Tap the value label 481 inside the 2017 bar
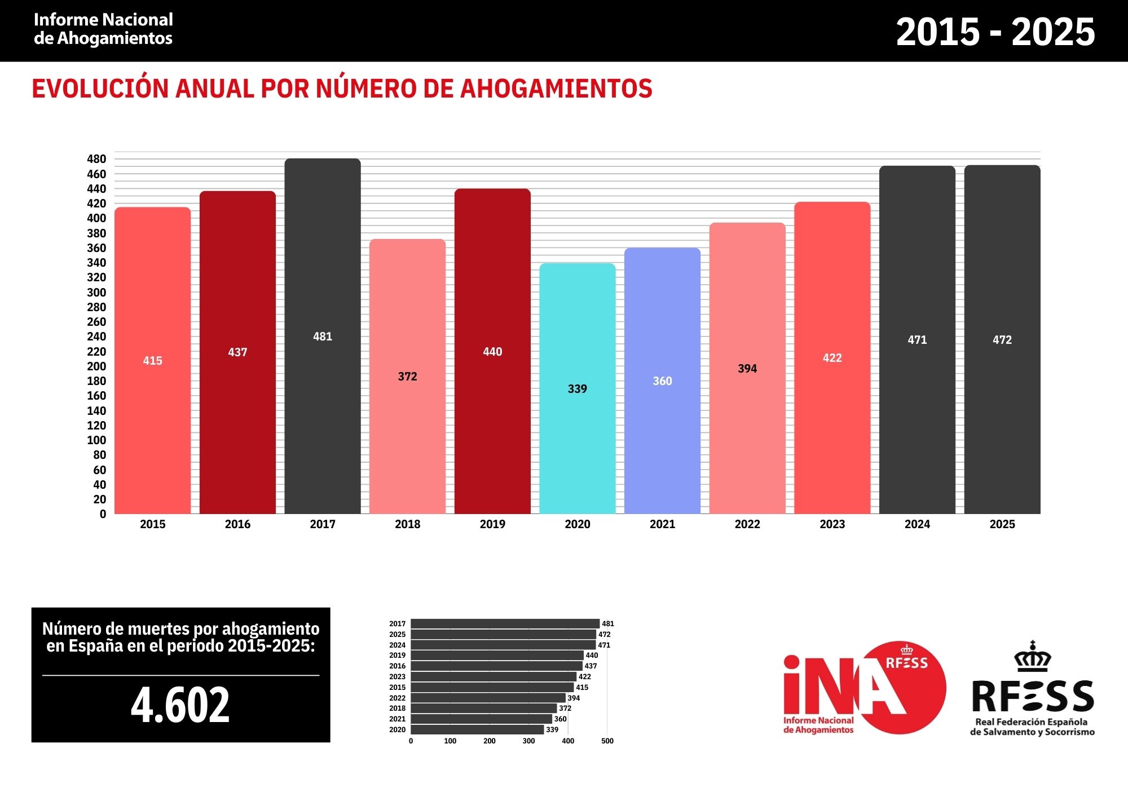tap(323, 336)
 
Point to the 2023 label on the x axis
tap(832, 524)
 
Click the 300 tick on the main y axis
tap(96, 293)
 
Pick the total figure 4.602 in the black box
tap(180, 705)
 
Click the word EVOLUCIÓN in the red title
tap(100, 89)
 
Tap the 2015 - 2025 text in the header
tap(995, 32)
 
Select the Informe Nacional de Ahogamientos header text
tap(103, 29)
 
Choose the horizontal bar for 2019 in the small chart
tap(496, 656)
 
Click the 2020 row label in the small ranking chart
tap(397, 730)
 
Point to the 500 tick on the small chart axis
tap(607, 741)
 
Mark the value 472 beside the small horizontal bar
tap(604, 635)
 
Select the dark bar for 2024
tap(917, 423)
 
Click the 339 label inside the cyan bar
tap(577, 389)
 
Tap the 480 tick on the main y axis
tap(96, 159)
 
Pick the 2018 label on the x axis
tap(407, 524)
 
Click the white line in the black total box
tap(180, 675)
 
